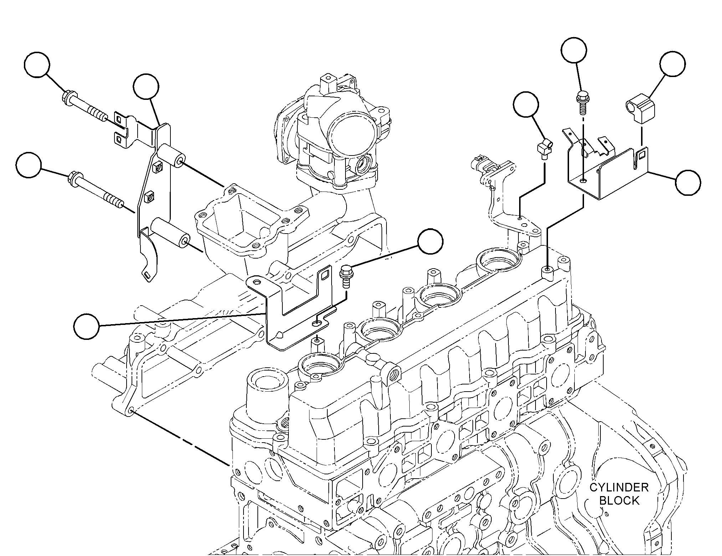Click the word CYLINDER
[x=619, y=487]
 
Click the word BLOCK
[x=619, y=500]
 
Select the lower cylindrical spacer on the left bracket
[x=170, y=235]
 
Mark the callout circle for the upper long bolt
[x=37, y=65]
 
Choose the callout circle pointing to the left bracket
[x=146, y=86]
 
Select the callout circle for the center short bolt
[x=430, y=241]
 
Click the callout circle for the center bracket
[x=87, y=326]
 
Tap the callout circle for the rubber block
[x=672, y=64]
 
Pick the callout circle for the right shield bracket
[x=688, y=183]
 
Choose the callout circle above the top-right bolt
[x=574, y=50]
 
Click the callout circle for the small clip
[x=526, y=104]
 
